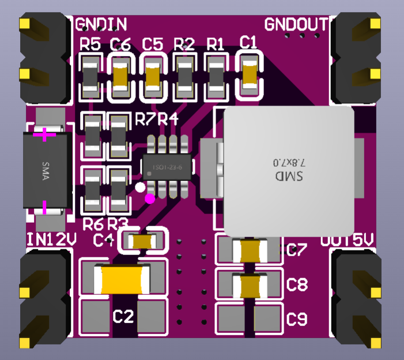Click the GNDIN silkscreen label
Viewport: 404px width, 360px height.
(101, 24)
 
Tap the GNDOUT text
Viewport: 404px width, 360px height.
(296, 24)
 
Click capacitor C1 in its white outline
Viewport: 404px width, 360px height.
(250, 74)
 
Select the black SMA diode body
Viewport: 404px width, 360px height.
(47, 170)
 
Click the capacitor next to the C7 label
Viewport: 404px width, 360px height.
(251, 250)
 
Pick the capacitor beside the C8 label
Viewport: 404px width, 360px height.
(251, 284)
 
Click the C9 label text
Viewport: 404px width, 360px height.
(297, 318)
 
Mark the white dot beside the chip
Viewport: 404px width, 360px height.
(140, 187)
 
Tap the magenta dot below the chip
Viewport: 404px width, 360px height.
(150, 199)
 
